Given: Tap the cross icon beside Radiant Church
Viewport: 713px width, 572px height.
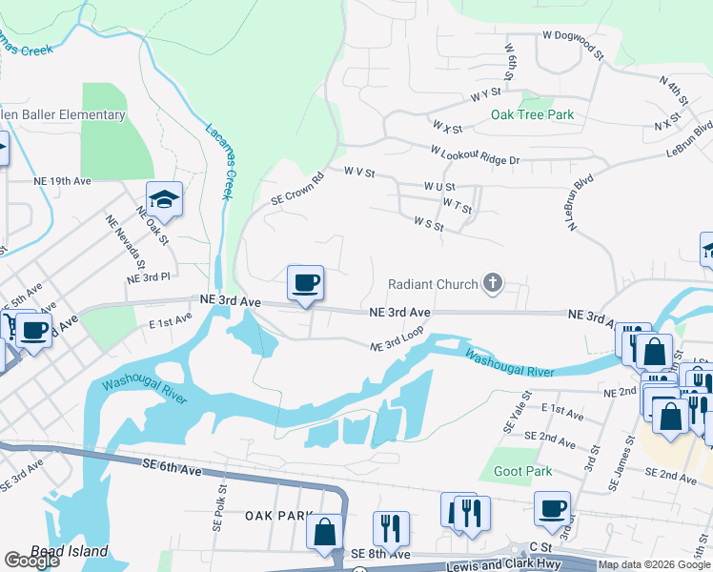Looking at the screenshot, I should [x=492, y=283].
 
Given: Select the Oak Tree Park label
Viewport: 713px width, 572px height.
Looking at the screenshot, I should [x=532, y=114].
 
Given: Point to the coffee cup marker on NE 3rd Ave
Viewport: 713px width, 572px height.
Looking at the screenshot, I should [x=305, y=283].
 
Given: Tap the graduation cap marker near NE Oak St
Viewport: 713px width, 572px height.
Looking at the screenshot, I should [x=165, y=199].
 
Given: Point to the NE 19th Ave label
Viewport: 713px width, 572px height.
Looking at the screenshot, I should [x=62, y=180].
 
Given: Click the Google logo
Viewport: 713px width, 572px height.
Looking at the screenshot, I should [x=31, y=561].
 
